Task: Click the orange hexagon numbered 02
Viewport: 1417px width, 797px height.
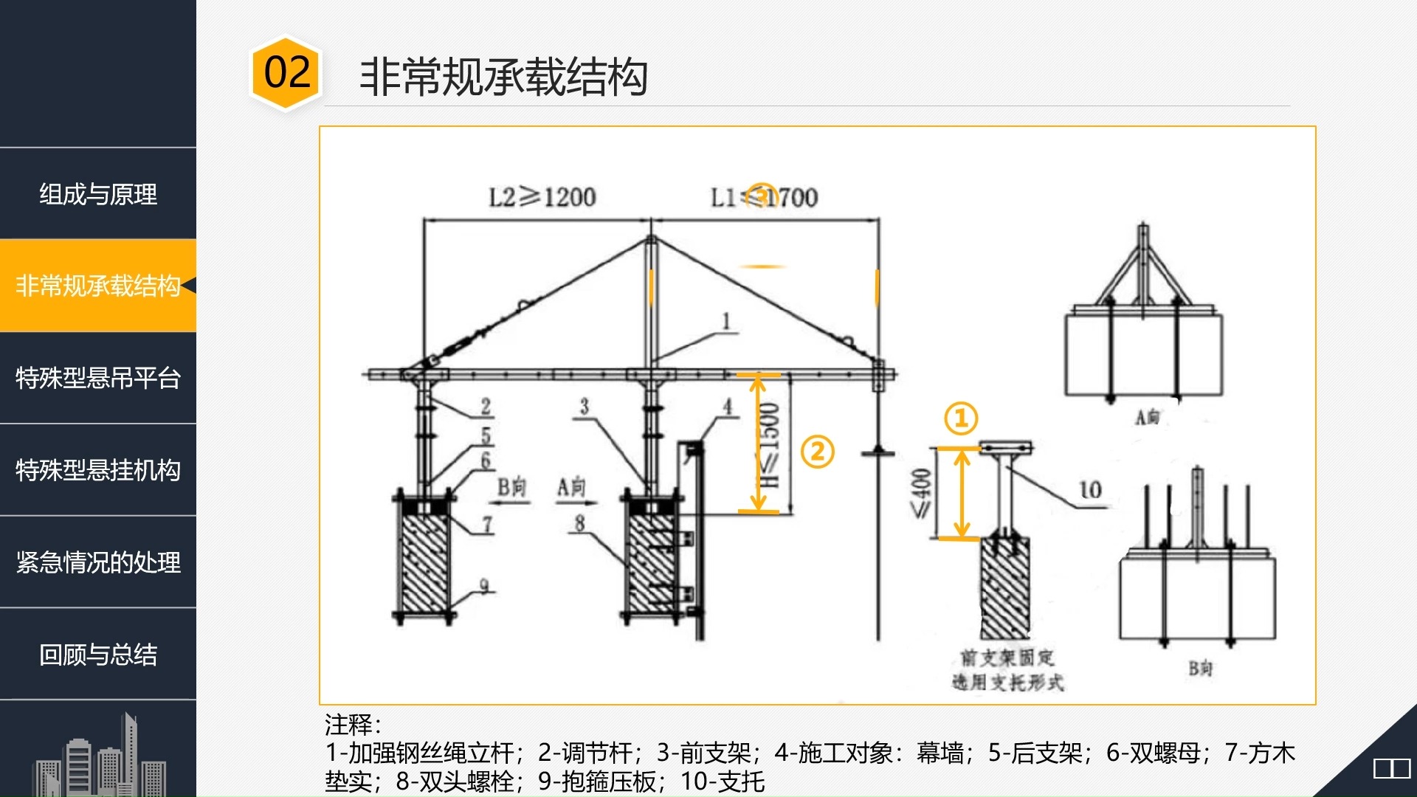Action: (x=286, y=73)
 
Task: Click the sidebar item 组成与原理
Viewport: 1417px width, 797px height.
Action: (x=98, y=194)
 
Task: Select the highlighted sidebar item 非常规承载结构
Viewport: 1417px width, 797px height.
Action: (x=98, y=286)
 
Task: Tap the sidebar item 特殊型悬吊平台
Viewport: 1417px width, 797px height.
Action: (x=98, y=378)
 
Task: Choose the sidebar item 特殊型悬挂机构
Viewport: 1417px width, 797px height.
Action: (x=98, y=470)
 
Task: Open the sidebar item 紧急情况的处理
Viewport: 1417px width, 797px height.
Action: (x=98, y=562)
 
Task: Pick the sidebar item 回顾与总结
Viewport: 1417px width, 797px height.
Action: (x=98, y=655)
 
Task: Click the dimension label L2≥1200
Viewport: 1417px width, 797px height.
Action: (x=542, y=197)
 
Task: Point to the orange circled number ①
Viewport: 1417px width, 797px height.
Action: (x=961, y=418)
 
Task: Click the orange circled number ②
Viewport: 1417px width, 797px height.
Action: (x=817, y=452)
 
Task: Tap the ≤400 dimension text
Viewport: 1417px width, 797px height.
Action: (x=921, y=493)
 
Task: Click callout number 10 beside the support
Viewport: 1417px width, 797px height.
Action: (x=1090, y=490)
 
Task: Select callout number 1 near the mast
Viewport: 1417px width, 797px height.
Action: (x=726, y=321)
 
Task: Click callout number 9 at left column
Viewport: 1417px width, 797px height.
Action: (x=484, y=586)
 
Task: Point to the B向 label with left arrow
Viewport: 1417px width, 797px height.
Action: (x=511, y=488)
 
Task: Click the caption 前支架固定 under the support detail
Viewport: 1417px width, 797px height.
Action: (x=1007, y=657)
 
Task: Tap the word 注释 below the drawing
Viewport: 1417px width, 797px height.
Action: (x=351, y=725)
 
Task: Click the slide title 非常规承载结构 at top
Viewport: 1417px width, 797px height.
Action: (x=503, y=77)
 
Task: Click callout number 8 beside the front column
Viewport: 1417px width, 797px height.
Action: (x=579, y=523)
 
